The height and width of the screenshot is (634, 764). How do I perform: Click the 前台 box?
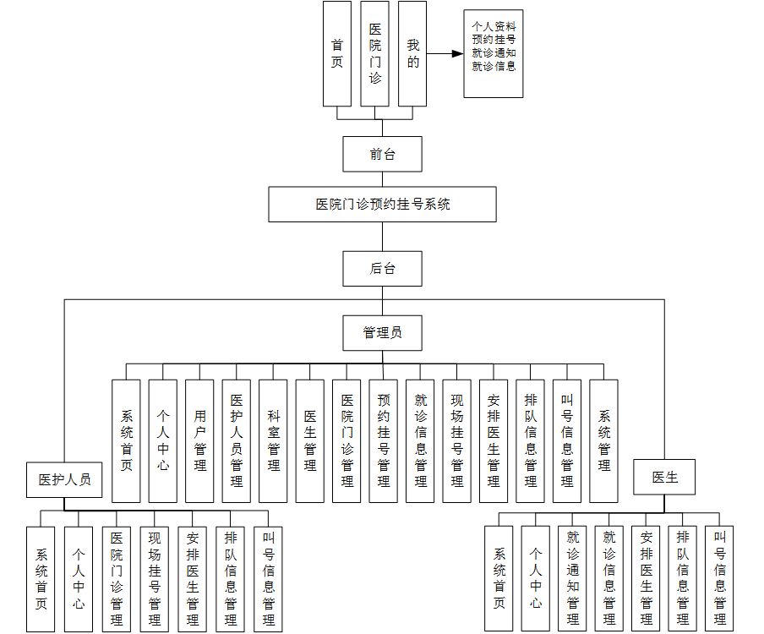(382, 154)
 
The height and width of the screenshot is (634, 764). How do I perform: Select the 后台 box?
(382, 269)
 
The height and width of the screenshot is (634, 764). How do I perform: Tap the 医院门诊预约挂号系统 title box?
(382, 205)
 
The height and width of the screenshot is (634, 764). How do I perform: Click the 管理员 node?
(382, 332)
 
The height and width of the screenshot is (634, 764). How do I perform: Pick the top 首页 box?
(337, 52)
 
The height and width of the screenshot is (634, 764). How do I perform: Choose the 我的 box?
(412, 52)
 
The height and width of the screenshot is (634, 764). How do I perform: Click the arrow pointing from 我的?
(445, 53)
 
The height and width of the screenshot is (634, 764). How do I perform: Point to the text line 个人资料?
(494, 26)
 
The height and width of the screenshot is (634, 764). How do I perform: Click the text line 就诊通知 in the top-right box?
(494, 52)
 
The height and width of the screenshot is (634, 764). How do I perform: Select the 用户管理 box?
(199, 440)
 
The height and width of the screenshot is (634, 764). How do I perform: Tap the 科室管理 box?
(273, 440)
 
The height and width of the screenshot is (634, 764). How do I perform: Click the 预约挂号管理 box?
(384, 440)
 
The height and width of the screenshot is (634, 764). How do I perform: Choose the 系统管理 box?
(604, 440)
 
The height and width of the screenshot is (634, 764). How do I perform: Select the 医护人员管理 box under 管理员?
(237, 440)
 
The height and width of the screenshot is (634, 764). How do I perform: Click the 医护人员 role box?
(65, 479)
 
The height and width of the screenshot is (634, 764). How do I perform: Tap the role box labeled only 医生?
(664, 477)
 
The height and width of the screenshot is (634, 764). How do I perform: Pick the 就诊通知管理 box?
(573, 578)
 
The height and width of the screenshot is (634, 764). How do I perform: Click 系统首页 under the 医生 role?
(499, 578)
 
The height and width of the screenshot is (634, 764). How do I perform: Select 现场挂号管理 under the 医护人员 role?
(155, 578)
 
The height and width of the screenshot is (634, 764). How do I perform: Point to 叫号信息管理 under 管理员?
(567, 440)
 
